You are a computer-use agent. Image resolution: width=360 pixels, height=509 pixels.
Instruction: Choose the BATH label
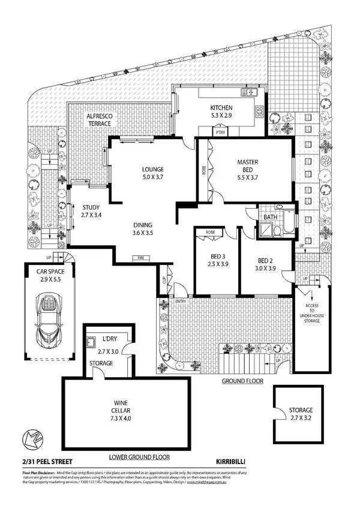(x=270, y=217)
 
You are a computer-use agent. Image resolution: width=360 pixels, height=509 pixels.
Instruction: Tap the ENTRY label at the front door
(x=181, y=300)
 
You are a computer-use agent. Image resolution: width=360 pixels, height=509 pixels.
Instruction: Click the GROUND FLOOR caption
(x=242, y=381)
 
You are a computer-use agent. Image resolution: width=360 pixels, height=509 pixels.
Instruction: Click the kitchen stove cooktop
(x=260, y=112)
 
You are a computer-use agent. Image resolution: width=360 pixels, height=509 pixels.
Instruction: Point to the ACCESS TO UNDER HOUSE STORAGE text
(x=311, y=312)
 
